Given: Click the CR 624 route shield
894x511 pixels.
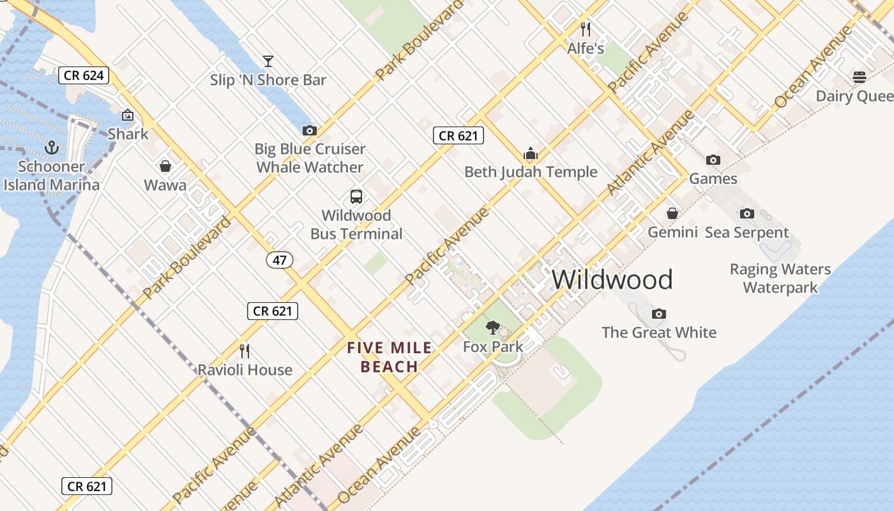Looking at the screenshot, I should pyautogui.click(x=84, y=75).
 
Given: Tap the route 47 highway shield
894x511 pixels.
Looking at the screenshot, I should pyautogui.click(x=280, y=260).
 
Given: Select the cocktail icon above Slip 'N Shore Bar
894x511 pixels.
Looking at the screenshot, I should pyautogui.click(x=268, y=61).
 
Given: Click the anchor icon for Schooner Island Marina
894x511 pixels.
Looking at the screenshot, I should pyautogui.click(x=52, y=148).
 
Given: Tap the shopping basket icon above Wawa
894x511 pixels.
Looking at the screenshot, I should pyautogui.click(x=165, y=167).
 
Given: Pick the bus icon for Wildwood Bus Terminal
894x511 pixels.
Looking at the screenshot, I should pyautogui.click(x=356, y=197).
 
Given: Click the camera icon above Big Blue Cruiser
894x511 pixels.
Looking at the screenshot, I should pyautogui.click(x=310, y=130).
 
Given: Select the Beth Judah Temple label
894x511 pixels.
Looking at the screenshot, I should pyautogui.click(x=531, y=172).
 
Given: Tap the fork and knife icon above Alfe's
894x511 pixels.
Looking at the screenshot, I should pyautogui.click(x=586, y=29).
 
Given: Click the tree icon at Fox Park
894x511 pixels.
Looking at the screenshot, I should pyautogui.click(x=492, y=328).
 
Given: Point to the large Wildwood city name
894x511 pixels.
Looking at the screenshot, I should pyautogui.click(x=612, y=280).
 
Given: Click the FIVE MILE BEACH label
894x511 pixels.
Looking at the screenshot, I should pyautogui.click(x=390, y=357).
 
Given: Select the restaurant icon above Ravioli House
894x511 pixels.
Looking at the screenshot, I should pyautogui.click(x=245, y=351).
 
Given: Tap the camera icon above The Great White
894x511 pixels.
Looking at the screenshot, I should pyautogui.click(x=659, y=314).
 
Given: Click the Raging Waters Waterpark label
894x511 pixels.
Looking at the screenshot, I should pyautogui.click(x=780, y=278).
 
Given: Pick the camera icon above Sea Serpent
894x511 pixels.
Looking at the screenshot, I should pyautogui.click(x=746, y=214).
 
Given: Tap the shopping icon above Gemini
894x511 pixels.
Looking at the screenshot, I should pyautogui.click(x=672, y=213).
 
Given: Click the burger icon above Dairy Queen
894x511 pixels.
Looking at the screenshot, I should pyautogui.click(x=860, y=77).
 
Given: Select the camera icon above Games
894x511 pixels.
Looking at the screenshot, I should pyautogui.click(x=713, y=160).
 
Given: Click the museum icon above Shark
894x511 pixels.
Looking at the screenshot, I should pyautogui.click(x=128, y=116).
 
